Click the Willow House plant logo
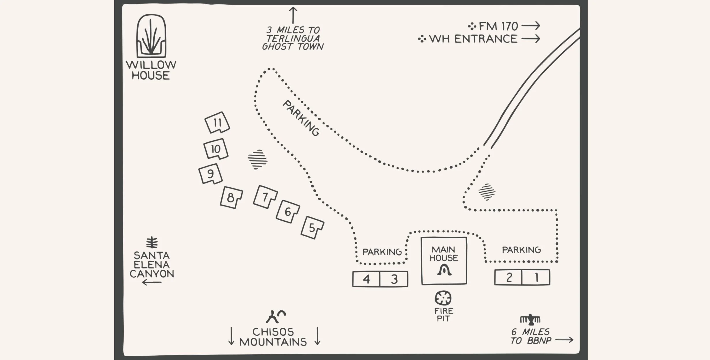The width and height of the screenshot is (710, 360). click(151, 36)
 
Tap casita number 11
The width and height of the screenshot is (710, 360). click(217, 123)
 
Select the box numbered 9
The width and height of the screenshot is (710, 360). click(210, 174)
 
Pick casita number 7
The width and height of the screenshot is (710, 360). click(265, 197)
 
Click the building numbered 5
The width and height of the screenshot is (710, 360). click(312, 228)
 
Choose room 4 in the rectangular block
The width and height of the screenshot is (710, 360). click(366, 279)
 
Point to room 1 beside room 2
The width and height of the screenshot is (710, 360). click(536, 277)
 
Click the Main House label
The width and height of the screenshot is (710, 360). click(444, 254)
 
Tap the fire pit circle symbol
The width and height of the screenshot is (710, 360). click(443, 298)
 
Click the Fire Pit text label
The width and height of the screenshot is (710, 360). click(443, 315)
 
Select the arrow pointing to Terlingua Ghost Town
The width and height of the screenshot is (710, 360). click(293, 15)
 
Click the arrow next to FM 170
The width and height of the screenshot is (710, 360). click(531, 26)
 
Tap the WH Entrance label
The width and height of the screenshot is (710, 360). click(473, 39)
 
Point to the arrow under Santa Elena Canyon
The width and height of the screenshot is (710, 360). click(152, 282)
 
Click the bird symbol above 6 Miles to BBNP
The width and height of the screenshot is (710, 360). click(530, 319)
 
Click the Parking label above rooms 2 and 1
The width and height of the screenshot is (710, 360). click(521, 250)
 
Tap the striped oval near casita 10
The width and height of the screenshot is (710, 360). click(257, 159)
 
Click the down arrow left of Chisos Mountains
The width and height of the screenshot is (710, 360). click(231, 336)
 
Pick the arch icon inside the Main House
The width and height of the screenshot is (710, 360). click(444, 270)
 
